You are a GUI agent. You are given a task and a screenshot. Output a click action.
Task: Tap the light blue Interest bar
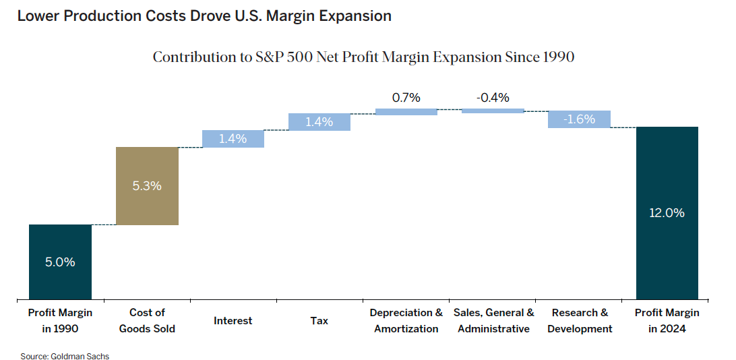coord(233,139)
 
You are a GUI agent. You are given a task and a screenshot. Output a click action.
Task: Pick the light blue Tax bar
coord(319,122)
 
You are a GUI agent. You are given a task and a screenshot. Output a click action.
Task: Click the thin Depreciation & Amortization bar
coord(406,112)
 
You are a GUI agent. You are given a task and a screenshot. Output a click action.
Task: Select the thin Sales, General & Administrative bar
coord(493,111)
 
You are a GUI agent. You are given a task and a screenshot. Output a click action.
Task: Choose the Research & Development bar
coord(579,119)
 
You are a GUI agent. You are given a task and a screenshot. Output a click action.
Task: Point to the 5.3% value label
coord(147,185)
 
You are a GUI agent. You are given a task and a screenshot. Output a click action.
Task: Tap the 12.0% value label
coord(667,213)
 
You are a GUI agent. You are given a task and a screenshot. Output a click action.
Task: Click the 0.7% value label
coord(406,98)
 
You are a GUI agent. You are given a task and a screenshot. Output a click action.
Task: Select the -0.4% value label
coord(493,98)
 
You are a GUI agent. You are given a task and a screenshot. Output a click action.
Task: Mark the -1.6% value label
coord(579,119)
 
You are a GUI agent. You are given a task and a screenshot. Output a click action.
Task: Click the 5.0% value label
coord(60,262)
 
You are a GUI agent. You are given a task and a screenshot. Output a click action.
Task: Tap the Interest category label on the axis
coord(233,321)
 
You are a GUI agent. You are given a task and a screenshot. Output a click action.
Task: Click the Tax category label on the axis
coord(319,321)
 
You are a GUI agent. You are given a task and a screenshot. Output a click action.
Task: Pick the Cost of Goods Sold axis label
coord(147,321)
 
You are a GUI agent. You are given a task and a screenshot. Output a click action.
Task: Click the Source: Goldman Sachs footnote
coord(65,355)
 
